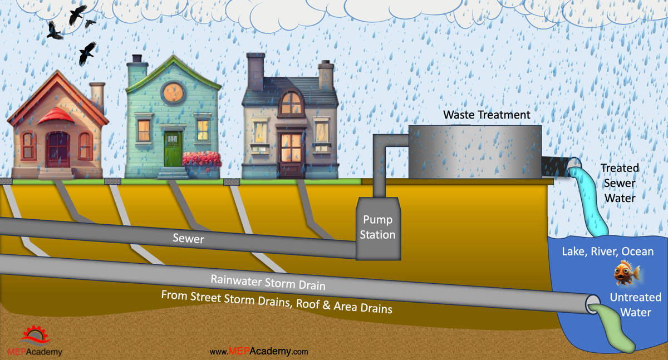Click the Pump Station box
pyautogui.click(x=378, y=229)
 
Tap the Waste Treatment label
pyautogui.click(x=487, y=115)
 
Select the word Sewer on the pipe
pyautogui.click(x=189, y=238)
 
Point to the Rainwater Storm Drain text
pyautogui.click(x=268, y=282)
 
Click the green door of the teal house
pyautogui.click(x=173, y=149)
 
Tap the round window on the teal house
pyautogui.click(x=173, y=93)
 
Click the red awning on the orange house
pyautogui.click(x=56, y=115)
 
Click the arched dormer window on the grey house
pyautogui.click(x=291, y=103)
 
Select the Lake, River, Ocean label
pyautogui.click(x=608, y=251)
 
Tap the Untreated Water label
pyautogui.click(x=636, y=304)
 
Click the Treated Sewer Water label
pyautogui.click(x=620, y=183)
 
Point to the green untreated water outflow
pyautogui.click(x=611, y=328)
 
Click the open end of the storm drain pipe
pyautogui.click(x=593, y=304)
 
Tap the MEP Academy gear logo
pyautogui.click(x=35, y=335)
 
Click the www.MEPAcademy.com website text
pyautogui.click(x=259, y=351)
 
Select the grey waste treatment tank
pyautogui.click(x=475, y=152)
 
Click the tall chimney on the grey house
pyautogui.click(x=256, y=72)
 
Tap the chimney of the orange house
pyautogui.click(x=97, y=97)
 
